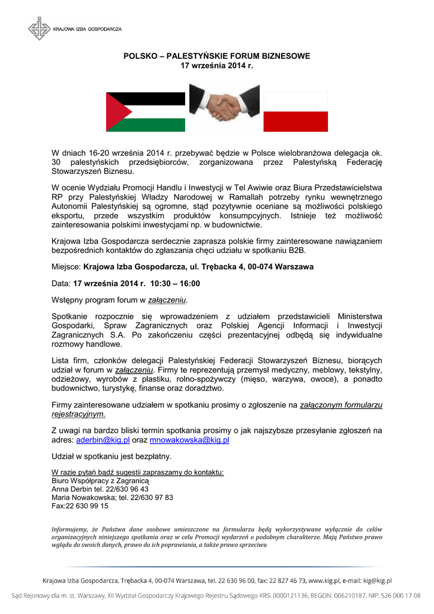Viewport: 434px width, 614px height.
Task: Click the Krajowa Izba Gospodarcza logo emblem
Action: point(40,28)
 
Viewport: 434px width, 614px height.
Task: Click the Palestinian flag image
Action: point(146,112)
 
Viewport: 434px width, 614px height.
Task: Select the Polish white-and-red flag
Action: point(296,112)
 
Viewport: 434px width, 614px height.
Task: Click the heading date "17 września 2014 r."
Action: point(217,65)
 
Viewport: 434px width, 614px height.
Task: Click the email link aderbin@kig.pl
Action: point(103,440)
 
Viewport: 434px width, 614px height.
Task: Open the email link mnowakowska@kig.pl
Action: point(189,440)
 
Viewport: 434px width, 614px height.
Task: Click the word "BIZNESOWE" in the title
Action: point(285,56)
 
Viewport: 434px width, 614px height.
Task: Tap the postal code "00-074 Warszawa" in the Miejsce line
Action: point(280,266)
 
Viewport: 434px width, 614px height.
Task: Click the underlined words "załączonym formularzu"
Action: point(340,405)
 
